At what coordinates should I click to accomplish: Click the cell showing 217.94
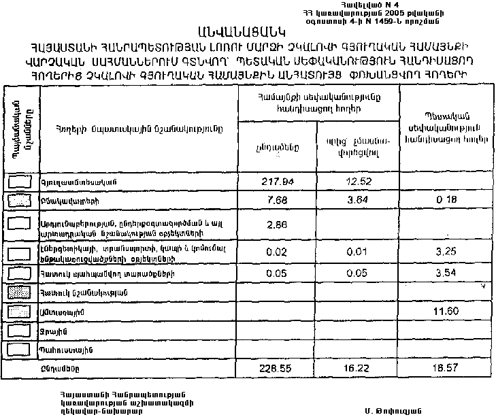pyautogui.click(x=280, y=182)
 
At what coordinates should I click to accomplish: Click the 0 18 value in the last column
pyautogui.click(x=446, y=201)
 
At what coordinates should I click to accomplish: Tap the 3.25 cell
pyautogui.click(x=446, y=251)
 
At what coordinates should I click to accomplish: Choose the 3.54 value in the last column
pyautogui.click(x=446, y=273)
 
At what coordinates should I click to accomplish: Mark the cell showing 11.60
pyautogui.click(x=446, y=311)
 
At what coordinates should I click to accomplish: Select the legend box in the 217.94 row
pyautogui.click(x=21, y=182)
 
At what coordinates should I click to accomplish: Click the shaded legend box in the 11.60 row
pyautogui.click(x=21, y=311)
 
